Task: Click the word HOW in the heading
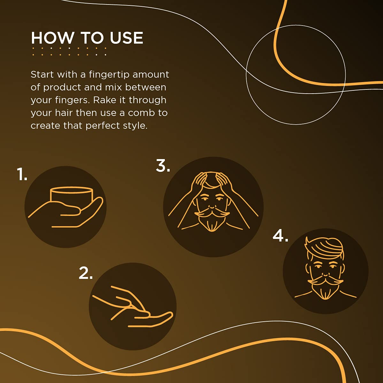53,38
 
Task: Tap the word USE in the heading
126,38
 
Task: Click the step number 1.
21,174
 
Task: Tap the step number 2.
86,273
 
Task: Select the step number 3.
163,165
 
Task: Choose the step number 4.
280,236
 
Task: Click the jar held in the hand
72,195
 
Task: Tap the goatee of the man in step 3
212,223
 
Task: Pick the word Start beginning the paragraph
40,74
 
